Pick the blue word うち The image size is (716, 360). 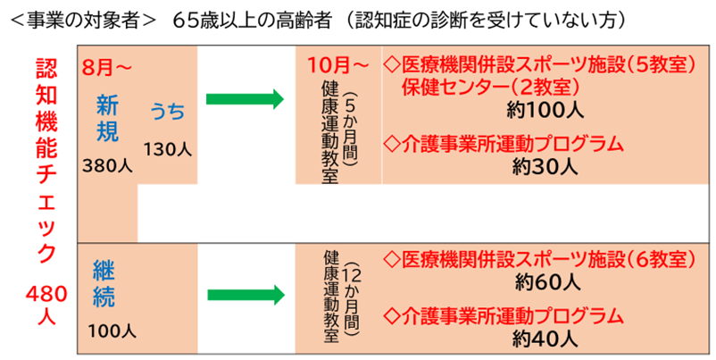click(168, 112)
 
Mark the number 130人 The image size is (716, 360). click(167, 147)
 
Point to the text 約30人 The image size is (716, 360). click(546, 166)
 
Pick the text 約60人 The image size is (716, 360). click(547, 282)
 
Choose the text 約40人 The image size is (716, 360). click(546, 339)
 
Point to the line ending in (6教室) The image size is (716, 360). click(538, 259)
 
